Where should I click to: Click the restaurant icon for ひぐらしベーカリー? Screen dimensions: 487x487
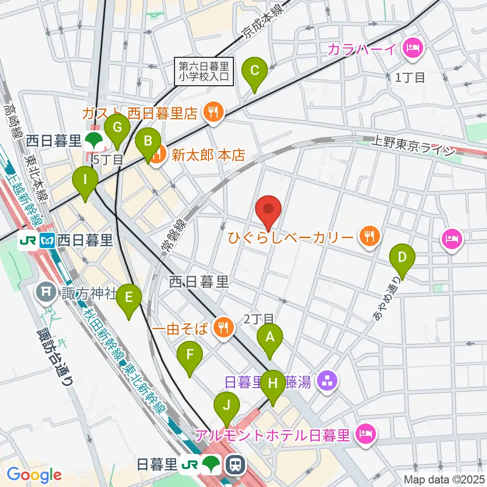[x=369, y=236]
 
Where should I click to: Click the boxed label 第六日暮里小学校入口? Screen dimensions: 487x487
[x=204, y=71]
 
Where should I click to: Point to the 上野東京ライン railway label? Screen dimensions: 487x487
[x=413, y=146]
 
